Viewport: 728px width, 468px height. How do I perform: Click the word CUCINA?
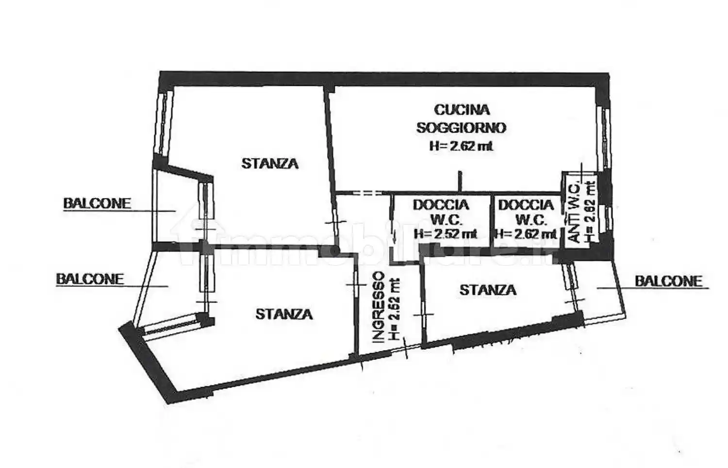pos(462,110)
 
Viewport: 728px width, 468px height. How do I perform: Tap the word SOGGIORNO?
pos(462,128)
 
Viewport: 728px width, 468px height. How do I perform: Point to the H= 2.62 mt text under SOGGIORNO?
pos(462,146)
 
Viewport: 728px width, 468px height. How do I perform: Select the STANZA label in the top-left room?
pos(270,164)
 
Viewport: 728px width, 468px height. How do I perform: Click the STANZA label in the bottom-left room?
pos(284,314)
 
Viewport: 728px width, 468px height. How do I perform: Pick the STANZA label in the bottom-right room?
pos(488,290)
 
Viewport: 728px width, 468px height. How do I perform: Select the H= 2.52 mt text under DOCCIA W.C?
pos(446,234)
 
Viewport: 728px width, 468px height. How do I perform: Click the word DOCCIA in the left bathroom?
pos(441,205)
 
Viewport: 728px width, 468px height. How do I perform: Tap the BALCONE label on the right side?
pos(668,281)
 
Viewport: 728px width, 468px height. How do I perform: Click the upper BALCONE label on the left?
pos(97,203)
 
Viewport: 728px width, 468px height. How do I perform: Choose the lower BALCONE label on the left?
pos(90,279)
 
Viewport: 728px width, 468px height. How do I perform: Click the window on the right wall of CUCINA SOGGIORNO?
pos(604,138)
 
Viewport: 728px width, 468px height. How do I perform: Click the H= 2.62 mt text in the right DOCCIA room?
pos(526,234)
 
